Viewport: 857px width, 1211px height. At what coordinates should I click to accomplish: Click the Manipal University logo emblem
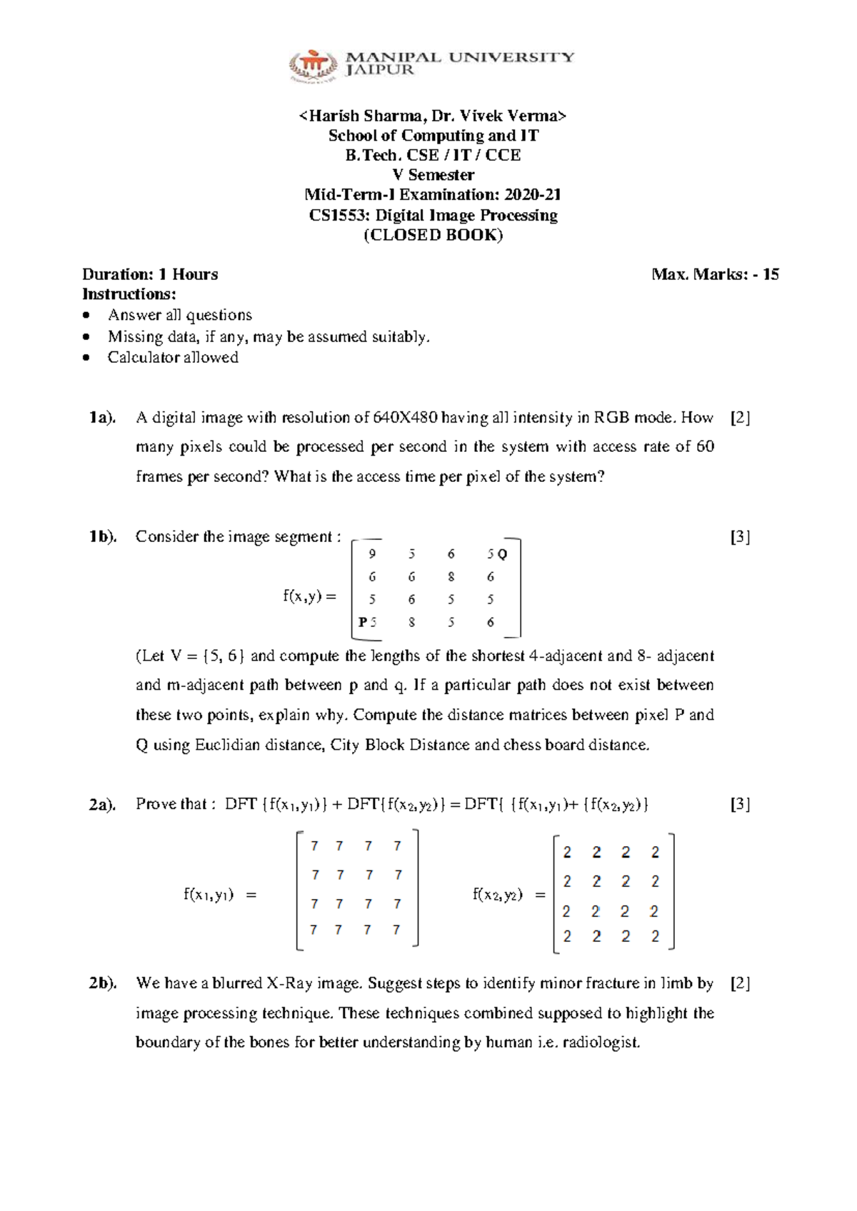point(312,66)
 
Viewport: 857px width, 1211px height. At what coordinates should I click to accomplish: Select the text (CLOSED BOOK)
point(433,236)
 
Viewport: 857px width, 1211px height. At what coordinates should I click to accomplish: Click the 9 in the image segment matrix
point(372,554)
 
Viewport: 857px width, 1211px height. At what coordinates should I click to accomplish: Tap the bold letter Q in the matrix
point(502,554)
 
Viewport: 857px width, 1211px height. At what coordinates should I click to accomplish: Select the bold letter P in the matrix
point(363,622)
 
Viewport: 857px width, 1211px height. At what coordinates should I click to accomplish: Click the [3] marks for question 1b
point(740,537)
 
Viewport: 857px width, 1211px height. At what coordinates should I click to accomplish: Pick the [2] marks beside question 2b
point(740,983)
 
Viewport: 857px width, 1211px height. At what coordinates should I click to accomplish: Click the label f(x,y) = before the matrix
point(309,596)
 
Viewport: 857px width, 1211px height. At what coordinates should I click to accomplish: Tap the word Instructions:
point(129,294)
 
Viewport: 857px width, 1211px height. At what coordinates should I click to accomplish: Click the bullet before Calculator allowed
point(86,358)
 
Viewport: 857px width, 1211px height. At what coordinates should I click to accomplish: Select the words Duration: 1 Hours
point(150,275)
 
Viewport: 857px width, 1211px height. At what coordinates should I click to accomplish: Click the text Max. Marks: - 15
point(715,275)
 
